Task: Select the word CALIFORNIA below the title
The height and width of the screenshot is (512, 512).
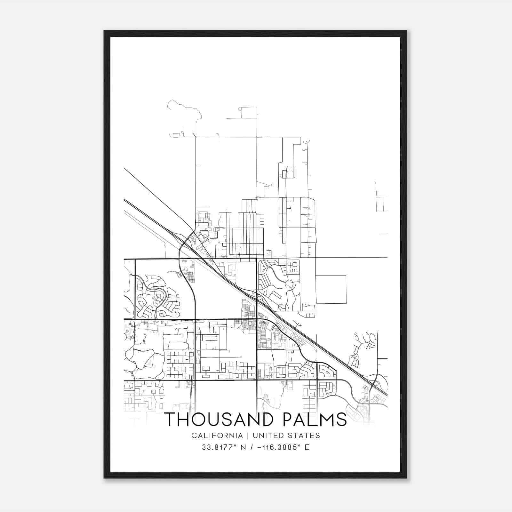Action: point(217,436)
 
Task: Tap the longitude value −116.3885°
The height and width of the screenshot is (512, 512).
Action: point(278,447)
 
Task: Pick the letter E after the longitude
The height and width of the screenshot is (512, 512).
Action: point(307,447)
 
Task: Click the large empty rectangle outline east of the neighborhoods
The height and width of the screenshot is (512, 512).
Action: point(331,289)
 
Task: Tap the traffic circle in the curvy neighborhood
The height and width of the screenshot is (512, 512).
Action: point(289,284)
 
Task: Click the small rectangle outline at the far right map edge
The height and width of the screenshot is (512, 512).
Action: point(382,204)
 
